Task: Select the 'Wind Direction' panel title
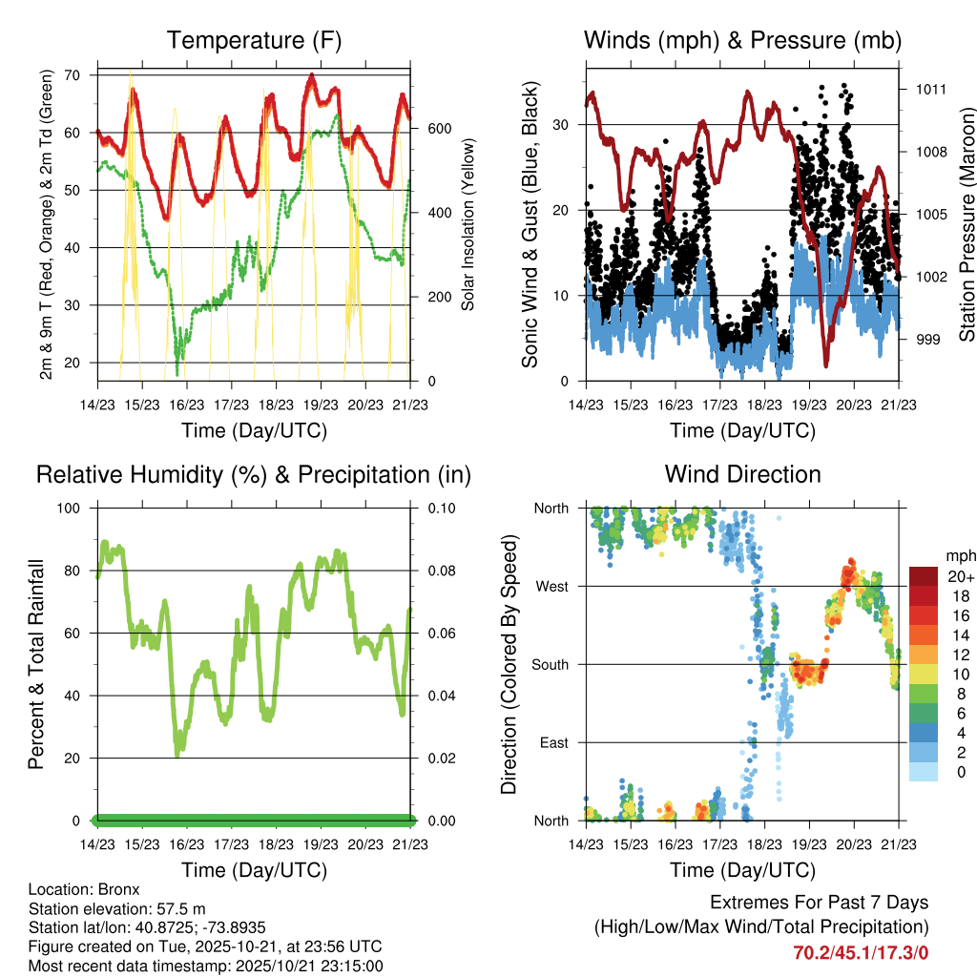tap(742, 473)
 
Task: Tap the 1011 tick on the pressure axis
tap(931, 90)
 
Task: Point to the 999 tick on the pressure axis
tap(928, 340)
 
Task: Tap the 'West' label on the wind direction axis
tap(551, 587)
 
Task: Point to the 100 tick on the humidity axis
tap(73, 509)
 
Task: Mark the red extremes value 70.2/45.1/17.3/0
tap(861, 952)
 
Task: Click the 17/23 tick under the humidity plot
tap(231, 844)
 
